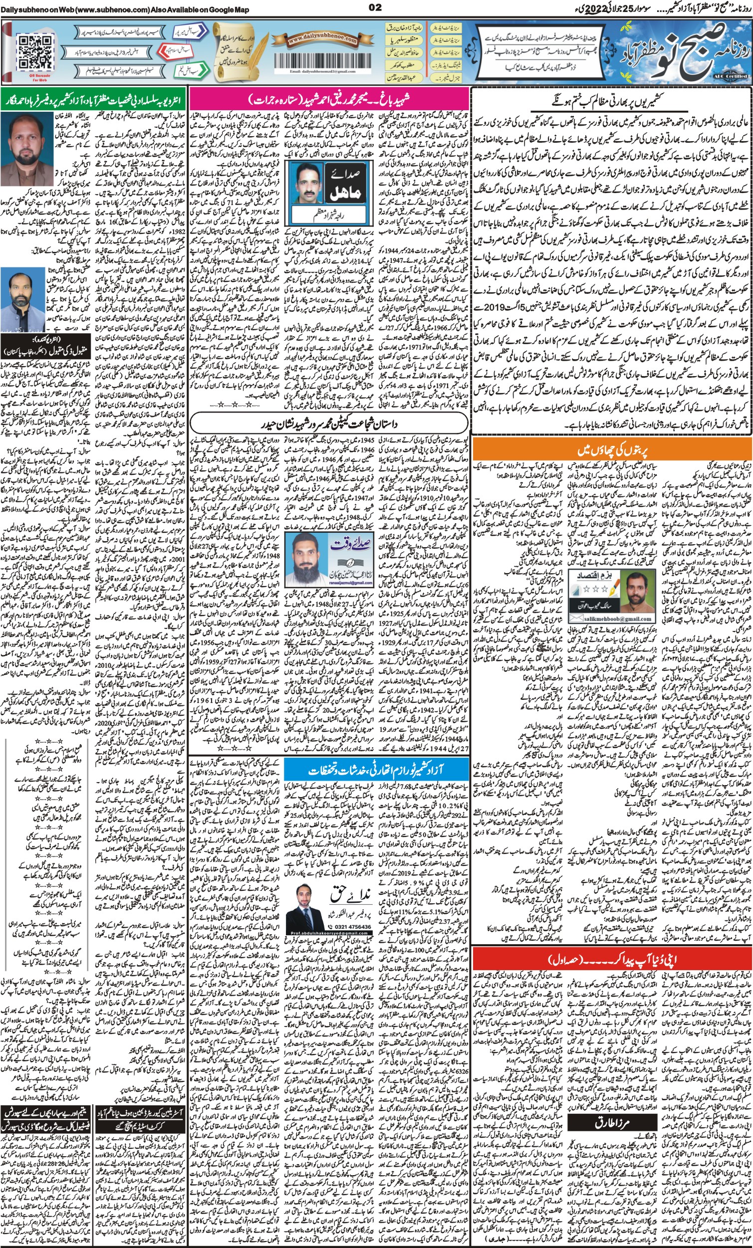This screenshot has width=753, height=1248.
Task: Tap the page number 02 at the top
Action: click(376, 7)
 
